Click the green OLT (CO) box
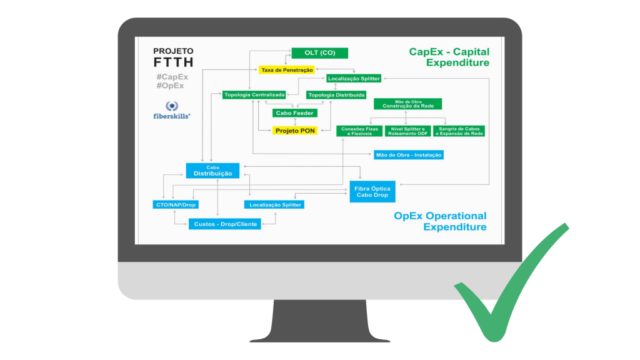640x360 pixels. click(319, 53)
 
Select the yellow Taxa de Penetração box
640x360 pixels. click(287, 70)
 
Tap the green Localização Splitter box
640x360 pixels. click(353, 79)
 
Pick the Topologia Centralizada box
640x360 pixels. click(254, 95)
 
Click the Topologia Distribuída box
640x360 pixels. click(336, 95)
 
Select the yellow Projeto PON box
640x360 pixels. click(295, 131)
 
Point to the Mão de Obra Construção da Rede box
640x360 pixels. click(407, 104)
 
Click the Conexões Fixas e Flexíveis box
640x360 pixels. click(359, 131)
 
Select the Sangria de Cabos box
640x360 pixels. click(460, 131)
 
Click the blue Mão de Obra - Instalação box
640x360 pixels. click(409, 154)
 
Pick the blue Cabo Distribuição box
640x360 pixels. click(212, 171)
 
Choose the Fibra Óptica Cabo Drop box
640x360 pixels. click(372, 191)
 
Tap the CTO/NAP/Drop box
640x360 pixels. click(176, 204)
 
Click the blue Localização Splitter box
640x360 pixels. click(275, 204)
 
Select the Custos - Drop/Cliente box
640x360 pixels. click(225, 223)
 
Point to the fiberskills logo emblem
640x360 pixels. click(172, 106)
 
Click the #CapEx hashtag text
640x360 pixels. click(172, 77)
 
